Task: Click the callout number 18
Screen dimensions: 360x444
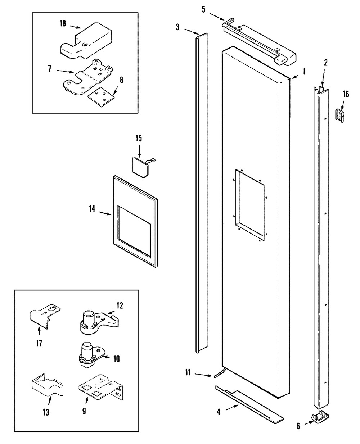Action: point(63,23)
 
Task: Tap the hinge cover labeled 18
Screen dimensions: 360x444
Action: point(86,40)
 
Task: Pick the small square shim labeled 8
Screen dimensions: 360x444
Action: point(101,96)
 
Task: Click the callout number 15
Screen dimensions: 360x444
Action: point(139,139)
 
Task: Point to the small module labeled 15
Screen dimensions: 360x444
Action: point(143,167)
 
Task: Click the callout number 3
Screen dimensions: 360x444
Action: point(177,27)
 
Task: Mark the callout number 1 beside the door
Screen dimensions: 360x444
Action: point(304,72)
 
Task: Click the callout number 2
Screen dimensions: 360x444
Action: point(325,63)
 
